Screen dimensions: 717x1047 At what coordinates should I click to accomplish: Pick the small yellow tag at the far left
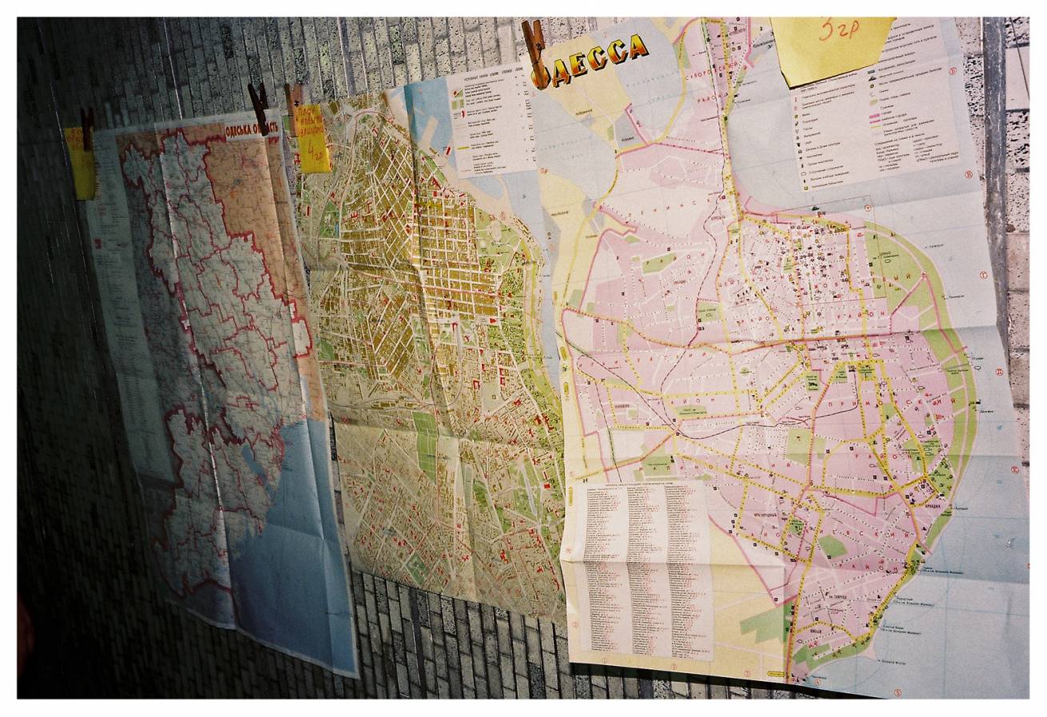(81, 165)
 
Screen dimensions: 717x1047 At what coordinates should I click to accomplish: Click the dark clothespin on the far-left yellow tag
(86, 128)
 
